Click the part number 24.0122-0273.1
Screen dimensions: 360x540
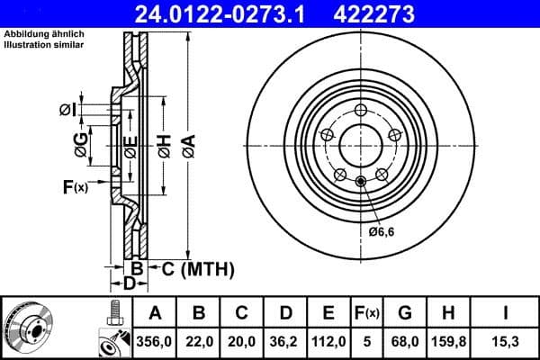coord(231,13)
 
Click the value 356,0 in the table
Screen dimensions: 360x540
coord(155,342)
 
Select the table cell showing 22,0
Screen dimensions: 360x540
coord(199,342)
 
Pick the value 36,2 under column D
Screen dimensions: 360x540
coord(285,342)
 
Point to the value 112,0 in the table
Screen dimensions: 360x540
coord(328,342)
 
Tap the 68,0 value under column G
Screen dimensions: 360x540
coord(404,342)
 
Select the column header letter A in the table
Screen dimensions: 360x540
coord(155,313)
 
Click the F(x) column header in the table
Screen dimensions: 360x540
coord(366,313)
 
